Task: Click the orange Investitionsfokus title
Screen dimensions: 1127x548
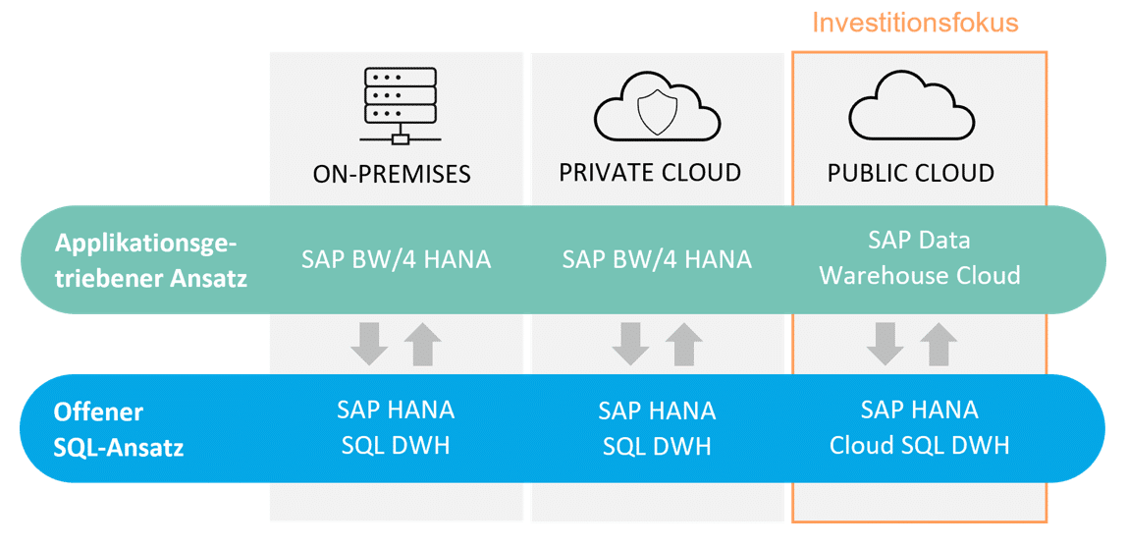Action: click(x=915, y=23)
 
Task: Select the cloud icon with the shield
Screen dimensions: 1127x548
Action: click(x=657, y=109)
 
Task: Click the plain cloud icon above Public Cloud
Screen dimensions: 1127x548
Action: click(x=911, y=109)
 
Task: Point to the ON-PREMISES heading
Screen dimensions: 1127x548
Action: click(x=392, y=174)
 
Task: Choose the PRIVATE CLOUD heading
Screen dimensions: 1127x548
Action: click(x=650, y=173)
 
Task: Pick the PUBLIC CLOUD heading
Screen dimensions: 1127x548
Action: click(x=911, y=173)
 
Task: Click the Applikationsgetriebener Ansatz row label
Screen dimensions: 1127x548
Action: click(x=151, y=261)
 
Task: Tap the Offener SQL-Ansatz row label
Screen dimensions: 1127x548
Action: click(x=119, y=431)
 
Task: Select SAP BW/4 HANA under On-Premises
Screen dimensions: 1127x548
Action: click(x=396, y=259)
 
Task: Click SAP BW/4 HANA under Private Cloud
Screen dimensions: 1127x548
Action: click(x=657, y=259)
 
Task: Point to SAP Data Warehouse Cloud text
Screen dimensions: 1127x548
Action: click(x=919, y=257)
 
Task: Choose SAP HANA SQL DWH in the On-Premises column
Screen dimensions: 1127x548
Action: click(x=396, y=428)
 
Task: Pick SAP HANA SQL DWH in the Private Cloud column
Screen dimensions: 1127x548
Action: click(x=657, y=428)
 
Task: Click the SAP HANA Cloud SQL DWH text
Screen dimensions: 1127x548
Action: click(x=919, y=428)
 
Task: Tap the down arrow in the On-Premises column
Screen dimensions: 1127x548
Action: click(x=369, y=345)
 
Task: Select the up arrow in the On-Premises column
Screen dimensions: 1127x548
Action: click(x=422, y=345)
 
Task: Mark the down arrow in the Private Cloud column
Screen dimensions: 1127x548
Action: click(x=630, y=345)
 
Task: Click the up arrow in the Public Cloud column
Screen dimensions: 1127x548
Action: click(x=939, y=345)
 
